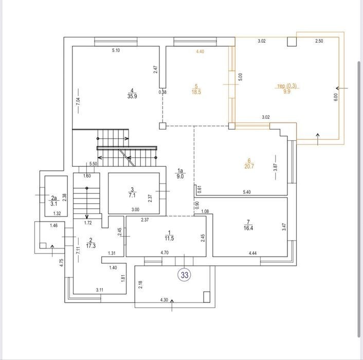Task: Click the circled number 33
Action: [x=185, y=275]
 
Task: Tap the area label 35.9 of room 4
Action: [x=132, y=96]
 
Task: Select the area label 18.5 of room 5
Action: [x=196, y=92]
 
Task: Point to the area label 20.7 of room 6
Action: [x=249, y=166]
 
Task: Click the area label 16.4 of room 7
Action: [x=248, y=228]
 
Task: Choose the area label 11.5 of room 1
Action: [x=170, y=238]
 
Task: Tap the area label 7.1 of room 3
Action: [x=132, y=195]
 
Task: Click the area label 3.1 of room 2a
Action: [x=54, y=204]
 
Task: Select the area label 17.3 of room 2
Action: [x=90, y=246]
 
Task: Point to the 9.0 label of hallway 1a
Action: [x=180, y=176]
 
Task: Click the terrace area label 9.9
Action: [x=287, y=91]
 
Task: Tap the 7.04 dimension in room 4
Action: [x=78, y=101]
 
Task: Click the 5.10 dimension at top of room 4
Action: [x=116, y=50]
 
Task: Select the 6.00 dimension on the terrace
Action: [x=336, y=97]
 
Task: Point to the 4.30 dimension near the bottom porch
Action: [x=164, y=300]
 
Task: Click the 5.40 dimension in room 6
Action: [x=247, y=192]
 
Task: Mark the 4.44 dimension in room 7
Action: [x=252, y=253]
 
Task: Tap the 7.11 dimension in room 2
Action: [x=78, y=250]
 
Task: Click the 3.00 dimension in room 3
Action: [x=135, y=210]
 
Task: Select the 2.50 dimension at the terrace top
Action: [x=319, y=41]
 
